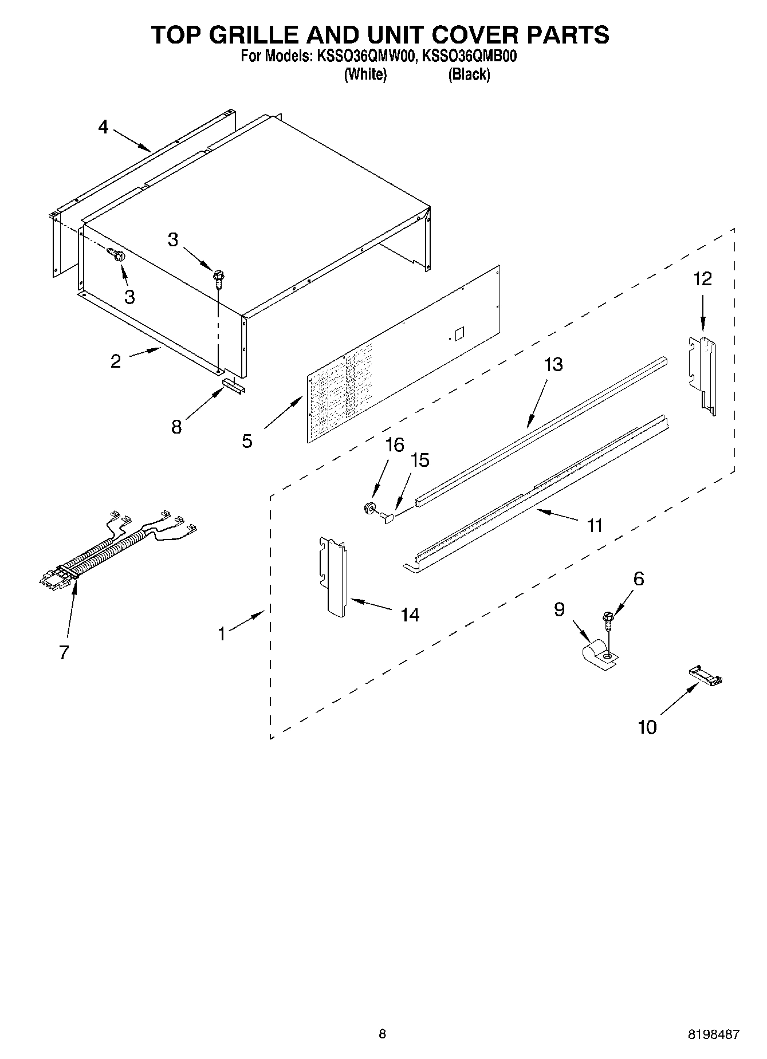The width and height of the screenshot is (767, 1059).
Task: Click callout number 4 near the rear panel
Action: point(103,127)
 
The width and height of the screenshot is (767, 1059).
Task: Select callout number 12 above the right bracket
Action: point(702,279)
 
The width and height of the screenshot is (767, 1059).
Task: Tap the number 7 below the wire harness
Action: point(64,652)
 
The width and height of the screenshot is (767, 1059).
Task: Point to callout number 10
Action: point(647,727)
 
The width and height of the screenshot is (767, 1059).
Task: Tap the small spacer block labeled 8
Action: point(234,385)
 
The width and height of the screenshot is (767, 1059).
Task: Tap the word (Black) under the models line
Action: point(469,74)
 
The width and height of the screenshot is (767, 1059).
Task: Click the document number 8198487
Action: point(714,1034)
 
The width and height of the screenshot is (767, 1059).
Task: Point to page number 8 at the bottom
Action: point(382,1034)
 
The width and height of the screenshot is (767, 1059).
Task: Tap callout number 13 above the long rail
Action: point(553,365)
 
